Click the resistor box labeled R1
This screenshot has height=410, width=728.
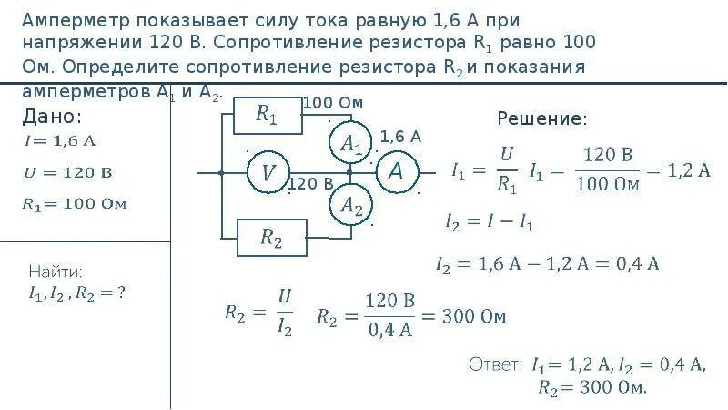coord(267,114)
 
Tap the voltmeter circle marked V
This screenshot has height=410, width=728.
coord(268,172)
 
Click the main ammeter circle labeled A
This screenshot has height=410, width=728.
coord(396,170)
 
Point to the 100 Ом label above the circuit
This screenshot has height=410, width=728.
coord(332,103)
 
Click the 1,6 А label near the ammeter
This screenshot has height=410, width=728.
coord(400,137)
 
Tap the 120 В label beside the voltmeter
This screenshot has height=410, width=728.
coord(310,184)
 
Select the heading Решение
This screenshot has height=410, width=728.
coord(542,119)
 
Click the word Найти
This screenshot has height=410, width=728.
coord(56,272)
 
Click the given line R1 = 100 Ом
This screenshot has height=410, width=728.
coord(74,202)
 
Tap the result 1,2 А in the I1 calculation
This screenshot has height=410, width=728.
coord(689,170)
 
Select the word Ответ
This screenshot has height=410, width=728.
coord(496,364)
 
